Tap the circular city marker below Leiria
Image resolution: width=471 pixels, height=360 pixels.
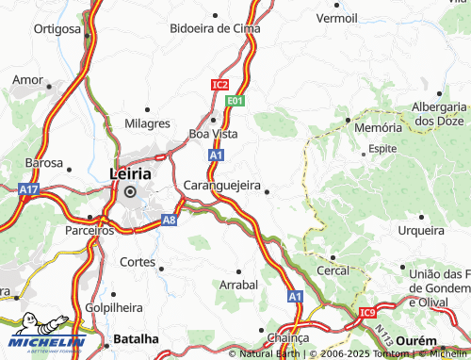[x=130, y=192]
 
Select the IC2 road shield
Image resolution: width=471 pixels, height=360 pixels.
[x=219, y=85]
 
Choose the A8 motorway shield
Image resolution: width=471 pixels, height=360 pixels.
[x=169, y=221]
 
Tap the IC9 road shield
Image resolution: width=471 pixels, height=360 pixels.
[x=366, y=313]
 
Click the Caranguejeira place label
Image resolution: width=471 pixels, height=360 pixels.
[x=222, y=186]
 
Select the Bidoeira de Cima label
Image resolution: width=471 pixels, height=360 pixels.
[x=214, y=29]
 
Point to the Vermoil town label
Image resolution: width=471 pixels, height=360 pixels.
[x=336, y=18]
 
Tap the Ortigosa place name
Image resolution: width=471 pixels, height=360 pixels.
[x=57, y=29]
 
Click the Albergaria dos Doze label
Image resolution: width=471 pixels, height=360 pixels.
[x=440, y=113]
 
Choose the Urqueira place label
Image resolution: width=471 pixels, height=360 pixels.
[x=420, y=230]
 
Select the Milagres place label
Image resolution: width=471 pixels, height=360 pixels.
[x=147, y=123]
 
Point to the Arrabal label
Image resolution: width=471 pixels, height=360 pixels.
[x=238, y=284]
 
